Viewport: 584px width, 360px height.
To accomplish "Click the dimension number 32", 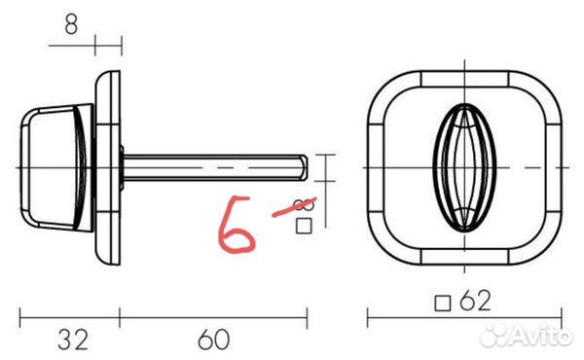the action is point(73,340).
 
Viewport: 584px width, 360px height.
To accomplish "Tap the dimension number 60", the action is point(214,340).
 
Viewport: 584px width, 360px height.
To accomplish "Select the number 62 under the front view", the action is point(475,301).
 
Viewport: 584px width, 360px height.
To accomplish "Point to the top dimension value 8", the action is point(71,25).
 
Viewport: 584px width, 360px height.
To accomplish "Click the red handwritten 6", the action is point(236,225).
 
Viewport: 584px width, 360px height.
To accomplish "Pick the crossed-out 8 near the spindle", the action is point(304,204).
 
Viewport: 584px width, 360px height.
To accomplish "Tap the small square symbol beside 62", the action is point(443,304).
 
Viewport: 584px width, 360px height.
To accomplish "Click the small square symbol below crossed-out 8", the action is point(304,226).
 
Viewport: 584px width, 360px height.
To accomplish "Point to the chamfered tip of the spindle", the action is point(304,167).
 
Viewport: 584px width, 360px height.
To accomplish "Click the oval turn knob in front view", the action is point(464,168).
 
